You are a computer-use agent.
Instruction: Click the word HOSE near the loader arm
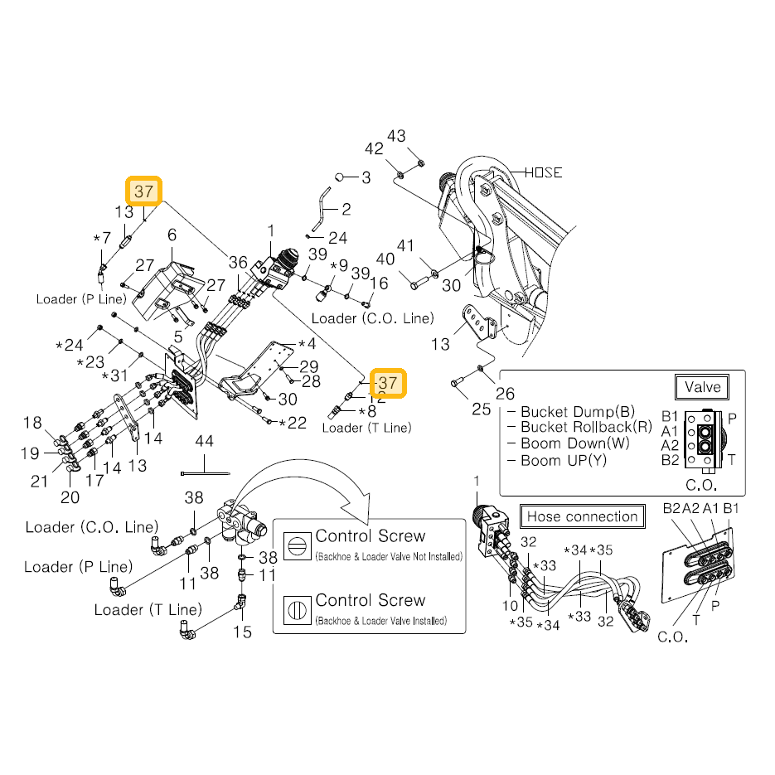pos(543,172)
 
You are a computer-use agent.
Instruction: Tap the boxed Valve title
pos(702,387)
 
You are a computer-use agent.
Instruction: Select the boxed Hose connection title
pos(582,516)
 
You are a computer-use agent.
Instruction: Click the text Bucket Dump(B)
pos(578,411)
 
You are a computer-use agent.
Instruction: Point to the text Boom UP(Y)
pos(564,461)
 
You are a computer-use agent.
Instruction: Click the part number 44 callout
pos(204,441)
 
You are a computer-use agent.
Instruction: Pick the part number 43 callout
pos(396,136)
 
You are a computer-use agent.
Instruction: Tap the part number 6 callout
pos(172,235)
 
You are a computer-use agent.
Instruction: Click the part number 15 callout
pos(242,632)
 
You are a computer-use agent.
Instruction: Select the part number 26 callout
pos(505,394)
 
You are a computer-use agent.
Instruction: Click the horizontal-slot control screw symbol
pos(297,545)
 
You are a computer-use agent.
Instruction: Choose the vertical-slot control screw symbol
pos(297,610)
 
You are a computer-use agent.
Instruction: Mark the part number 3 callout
pos(366,177)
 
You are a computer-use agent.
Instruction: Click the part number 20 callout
pos(70,497)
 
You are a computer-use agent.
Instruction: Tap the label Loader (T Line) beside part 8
pos(366,428)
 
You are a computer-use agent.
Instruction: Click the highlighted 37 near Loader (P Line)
pos(144,191)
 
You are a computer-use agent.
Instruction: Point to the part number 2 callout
pos(346,209)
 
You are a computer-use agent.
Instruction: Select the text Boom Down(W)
pos(575,443)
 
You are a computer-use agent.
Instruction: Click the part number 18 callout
pos(32,423)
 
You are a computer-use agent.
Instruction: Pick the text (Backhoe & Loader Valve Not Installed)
pos(389,556)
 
